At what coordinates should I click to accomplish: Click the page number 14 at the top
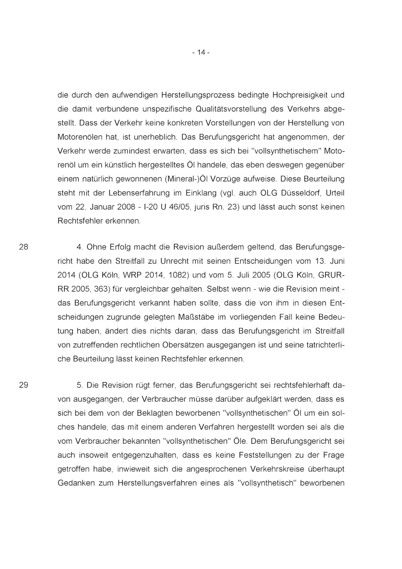[x=201, y=52]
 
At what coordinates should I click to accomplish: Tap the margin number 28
[x=23, y=247]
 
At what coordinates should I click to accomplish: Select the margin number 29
[x=23, y=385]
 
